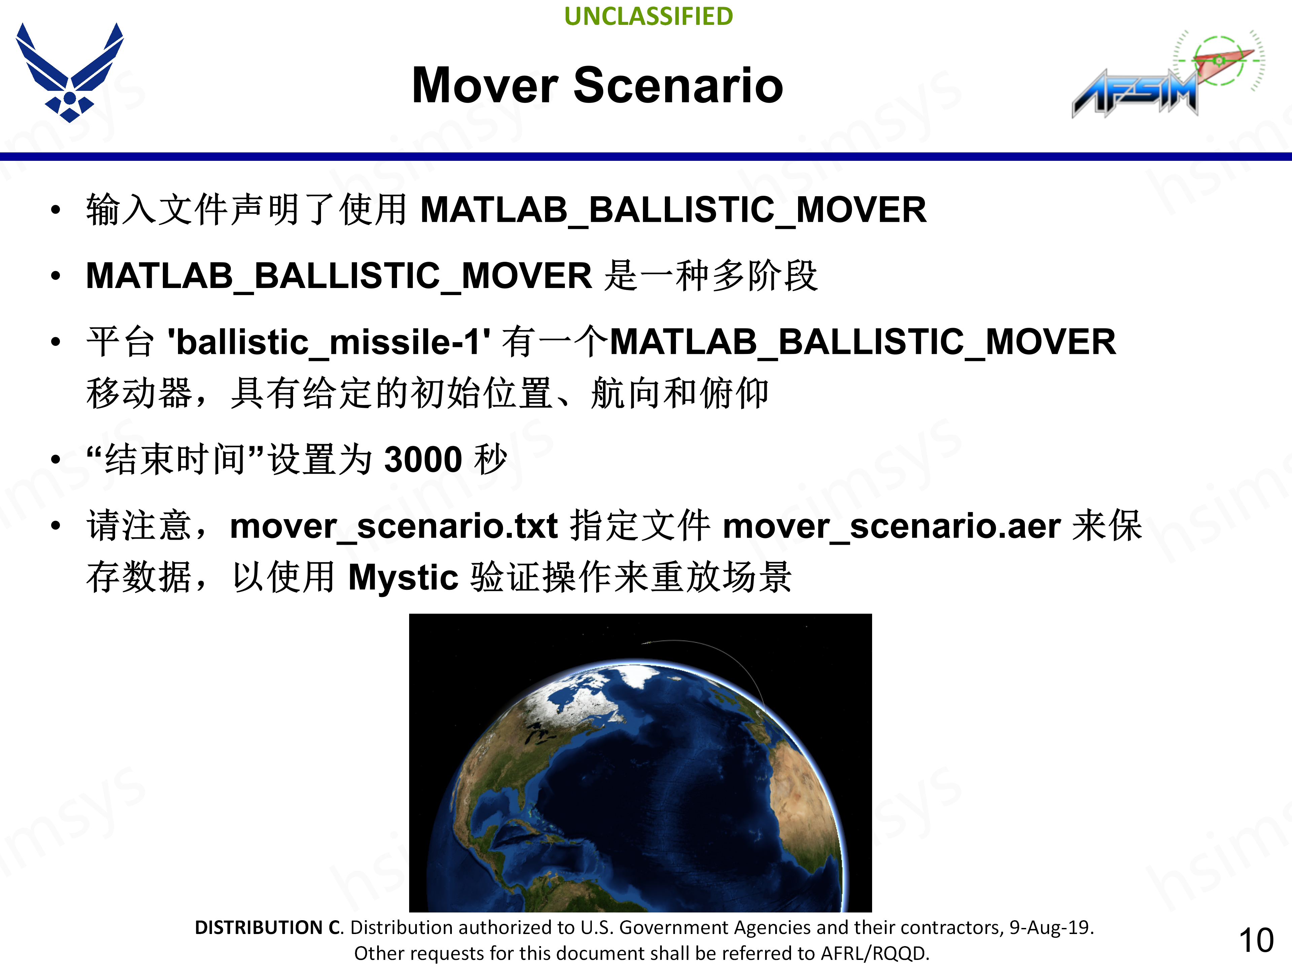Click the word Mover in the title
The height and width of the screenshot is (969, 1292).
click(485, 86)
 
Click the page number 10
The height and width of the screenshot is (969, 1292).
click(1255, 940)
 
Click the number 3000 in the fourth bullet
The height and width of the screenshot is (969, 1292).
click(423, 460)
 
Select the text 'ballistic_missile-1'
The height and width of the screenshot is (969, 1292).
click(329, 342)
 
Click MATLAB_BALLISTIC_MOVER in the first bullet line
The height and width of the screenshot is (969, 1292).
click(673, 210)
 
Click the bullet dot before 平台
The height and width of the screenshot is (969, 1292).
click(56, 342)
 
